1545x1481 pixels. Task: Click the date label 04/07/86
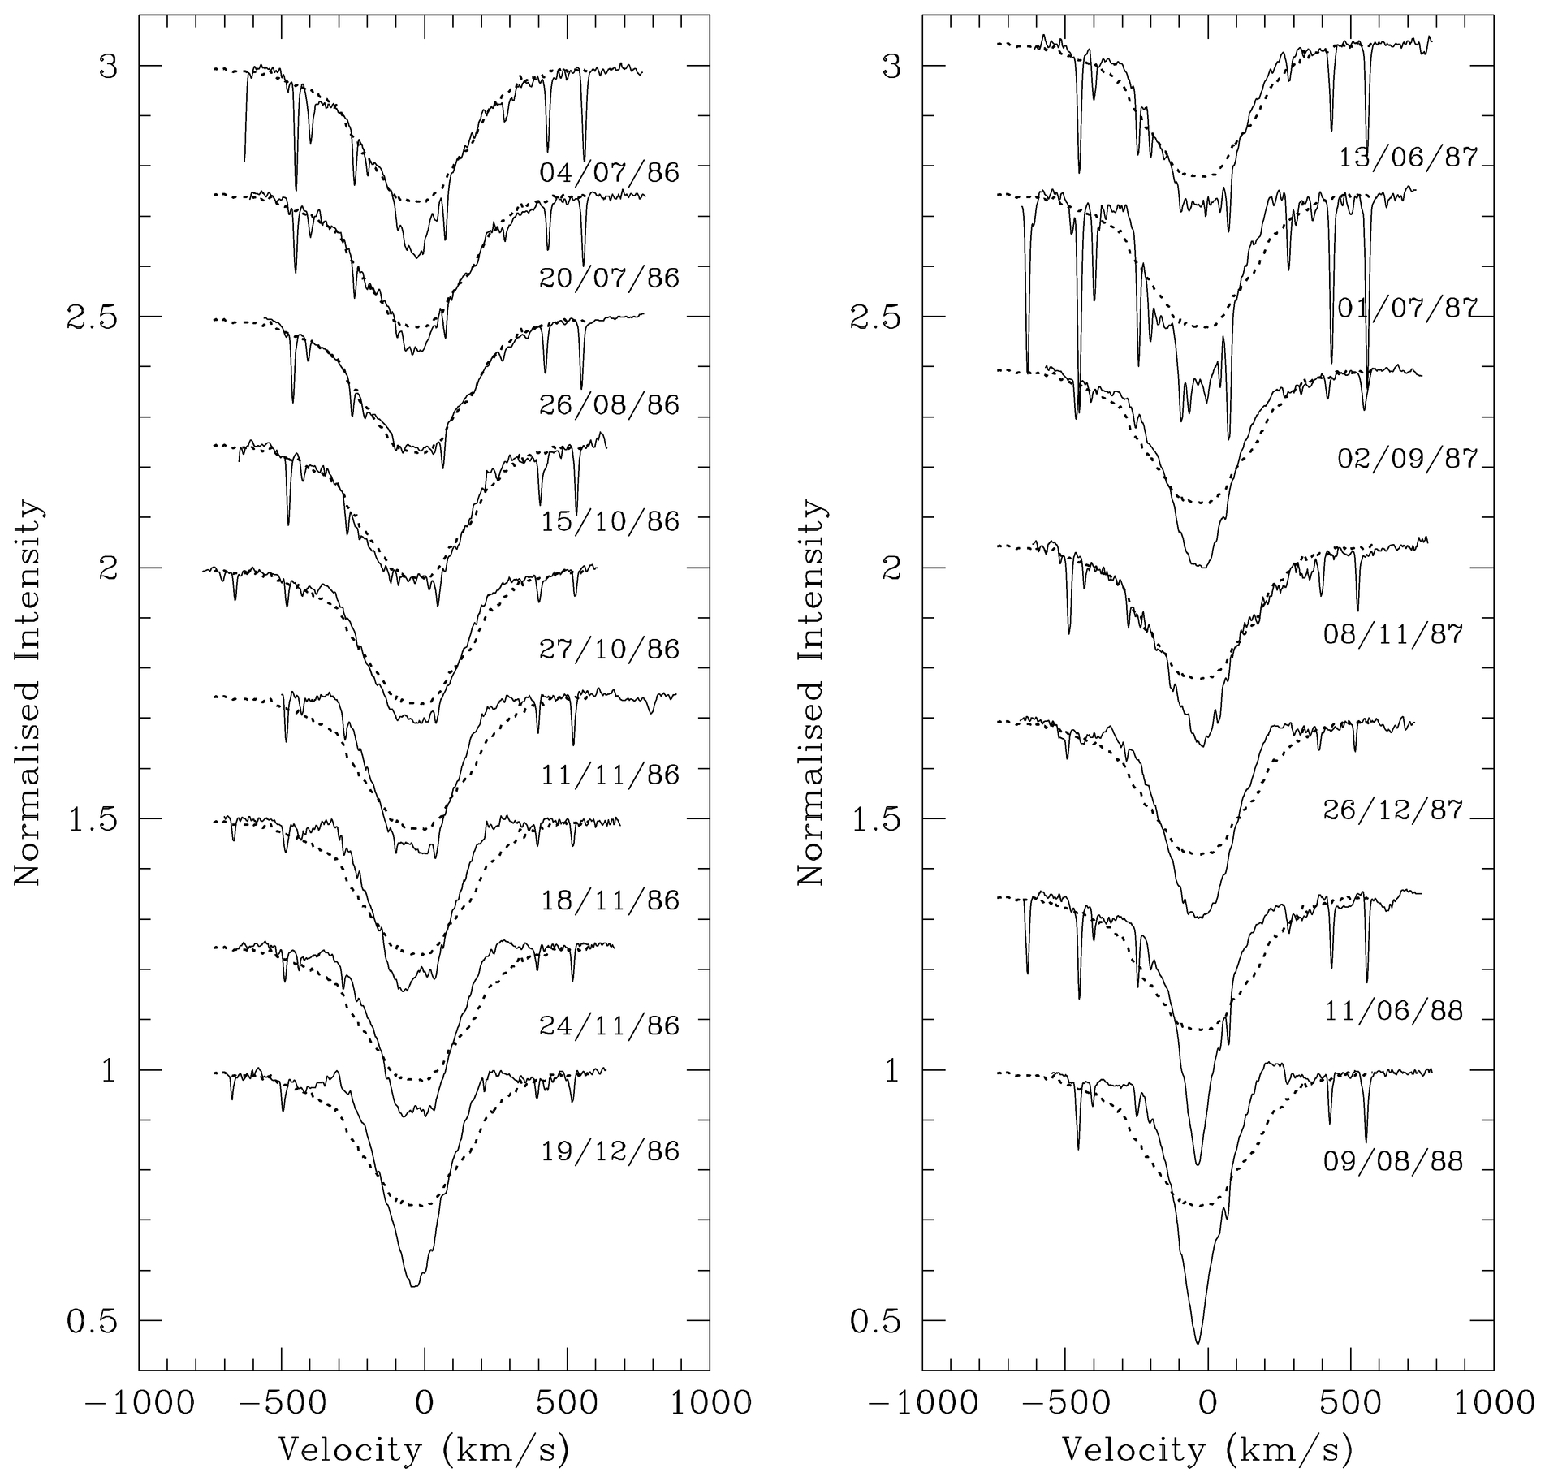[609, 173]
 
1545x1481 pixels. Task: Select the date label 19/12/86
[609, 1152]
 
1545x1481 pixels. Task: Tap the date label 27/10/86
[609, 650]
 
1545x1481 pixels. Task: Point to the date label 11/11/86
[609, 775]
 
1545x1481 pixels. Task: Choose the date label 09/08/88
[1393, 1162]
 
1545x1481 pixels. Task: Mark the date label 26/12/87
[1393, 810]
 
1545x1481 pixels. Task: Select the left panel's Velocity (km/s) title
[423, 1449]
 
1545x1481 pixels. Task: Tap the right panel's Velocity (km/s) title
[1207, 1449]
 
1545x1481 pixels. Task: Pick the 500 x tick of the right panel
[1351, 1403]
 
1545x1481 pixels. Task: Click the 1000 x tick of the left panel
[710, 1403]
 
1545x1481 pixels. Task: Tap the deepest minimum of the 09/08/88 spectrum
[1198, 1343]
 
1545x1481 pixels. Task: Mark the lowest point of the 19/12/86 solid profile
[414, 1286]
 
